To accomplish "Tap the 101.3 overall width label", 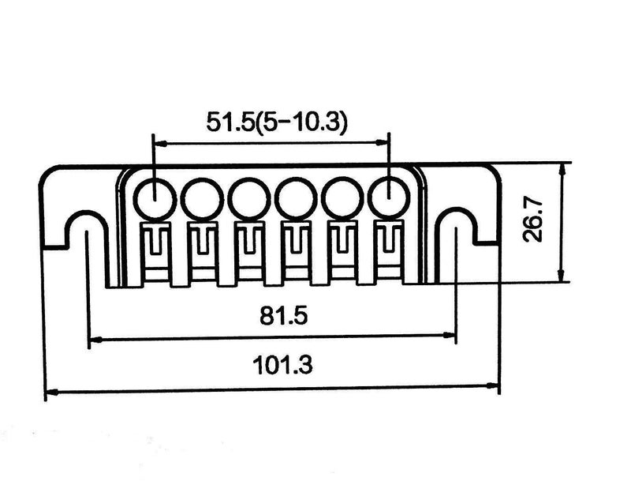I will click(x=272, y=366).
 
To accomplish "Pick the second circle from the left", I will click(x=200, y=197).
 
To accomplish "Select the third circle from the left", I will click(x=248, y=197).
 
